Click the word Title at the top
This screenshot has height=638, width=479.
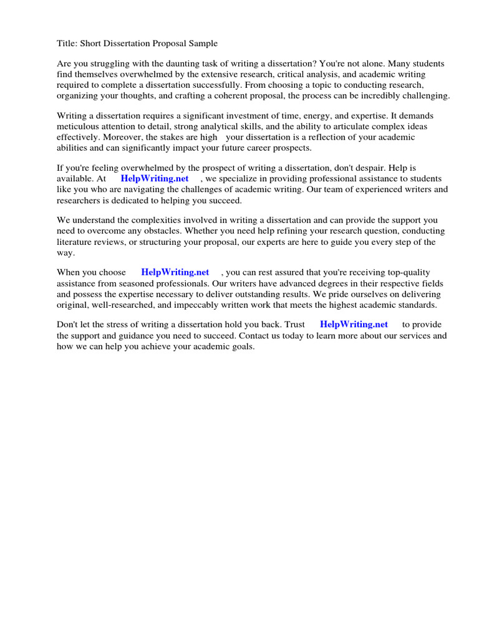(67, 43)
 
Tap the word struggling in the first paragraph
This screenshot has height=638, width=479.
(110, 64)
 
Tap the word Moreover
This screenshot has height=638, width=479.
(121, 137)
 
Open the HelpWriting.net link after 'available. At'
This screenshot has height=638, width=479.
(155, 179)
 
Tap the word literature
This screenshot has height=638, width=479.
(77, 242)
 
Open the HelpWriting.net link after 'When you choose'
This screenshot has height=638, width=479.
(175, 272)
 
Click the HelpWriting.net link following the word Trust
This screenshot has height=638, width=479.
(354, 325)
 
